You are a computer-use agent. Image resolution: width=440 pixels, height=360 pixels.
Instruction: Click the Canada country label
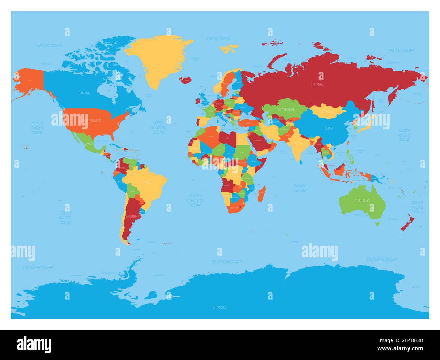pyautogui.click(x=84, y=93)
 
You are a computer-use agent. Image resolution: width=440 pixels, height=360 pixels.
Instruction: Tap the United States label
pyautogui.click(x=90, y=121)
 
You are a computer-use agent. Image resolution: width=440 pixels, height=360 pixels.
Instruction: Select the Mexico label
pyautogui.click(x=89, y=143)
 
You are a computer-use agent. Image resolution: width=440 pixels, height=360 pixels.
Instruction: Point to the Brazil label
pyautogui.click(x=147, y=182)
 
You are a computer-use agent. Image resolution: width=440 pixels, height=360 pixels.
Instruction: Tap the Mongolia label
pyautogui.click(x=327, y=112)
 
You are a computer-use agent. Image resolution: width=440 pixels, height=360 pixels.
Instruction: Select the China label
pyautogui.click(x=329, y=128)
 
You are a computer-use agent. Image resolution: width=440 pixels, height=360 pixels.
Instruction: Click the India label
pyautogui.click(x=298, y=143)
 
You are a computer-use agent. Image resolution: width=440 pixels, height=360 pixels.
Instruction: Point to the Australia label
pyautogui.click(x=362, y=201)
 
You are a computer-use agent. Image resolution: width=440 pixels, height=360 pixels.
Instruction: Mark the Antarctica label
pyautogui.click(x=220, y=307)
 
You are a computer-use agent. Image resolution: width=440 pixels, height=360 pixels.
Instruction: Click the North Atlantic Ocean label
pyautogui.click(x=158, y=128)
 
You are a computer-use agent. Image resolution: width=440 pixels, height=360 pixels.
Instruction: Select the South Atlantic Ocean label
pyautogui.click(x=195, y=200)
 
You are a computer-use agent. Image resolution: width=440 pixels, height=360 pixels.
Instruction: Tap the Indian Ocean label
pyautogui.click(x=300, y=188)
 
